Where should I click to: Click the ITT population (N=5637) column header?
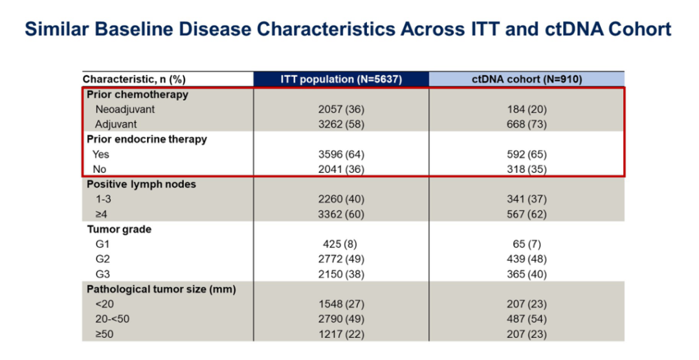(341, 79)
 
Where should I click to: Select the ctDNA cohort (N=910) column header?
(527, 79)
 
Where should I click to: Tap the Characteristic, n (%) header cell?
(134, 79)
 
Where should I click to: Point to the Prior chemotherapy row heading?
(138, 95)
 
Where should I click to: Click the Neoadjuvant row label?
(126, 109)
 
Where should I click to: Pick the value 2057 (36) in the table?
(341, 109)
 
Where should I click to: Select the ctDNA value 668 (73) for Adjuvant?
(527, 124)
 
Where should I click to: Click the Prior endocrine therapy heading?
(147, 139)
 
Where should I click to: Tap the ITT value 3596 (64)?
(341, 154)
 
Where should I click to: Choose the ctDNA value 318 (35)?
(527, 169)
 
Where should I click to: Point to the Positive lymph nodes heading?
(142, 185)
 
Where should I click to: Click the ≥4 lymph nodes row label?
(102, 214)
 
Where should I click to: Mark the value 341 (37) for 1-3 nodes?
(527, 199)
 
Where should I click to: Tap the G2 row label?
(103, 259)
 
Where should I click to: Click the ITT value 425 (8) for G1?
(341, 244)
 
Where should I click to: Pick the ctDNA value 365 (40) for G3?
(527, 274)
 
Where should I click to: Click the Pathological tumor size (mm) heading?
(161, 289)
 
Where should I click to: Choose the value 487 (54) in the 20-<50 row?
(527, 319)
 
